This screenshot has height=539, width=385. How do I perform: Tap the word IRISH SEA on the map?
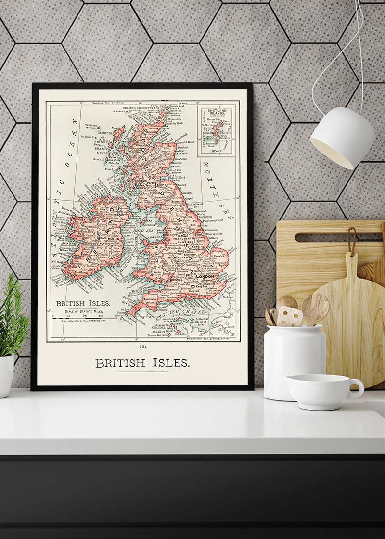click(143, 231)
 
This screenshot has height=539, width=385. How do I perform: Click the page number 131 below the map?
click(142, 346)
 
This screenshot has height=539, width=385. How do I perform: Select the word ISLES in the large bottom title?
click(171, 363)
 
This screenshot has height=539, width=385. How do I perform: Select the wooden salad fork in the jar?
click(315, 308)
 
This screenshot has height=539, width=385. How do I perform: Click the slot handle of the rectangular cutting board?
click(337, 237)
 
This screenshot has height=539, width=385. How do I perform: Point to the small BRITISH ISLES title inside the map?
click(83, 304)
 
